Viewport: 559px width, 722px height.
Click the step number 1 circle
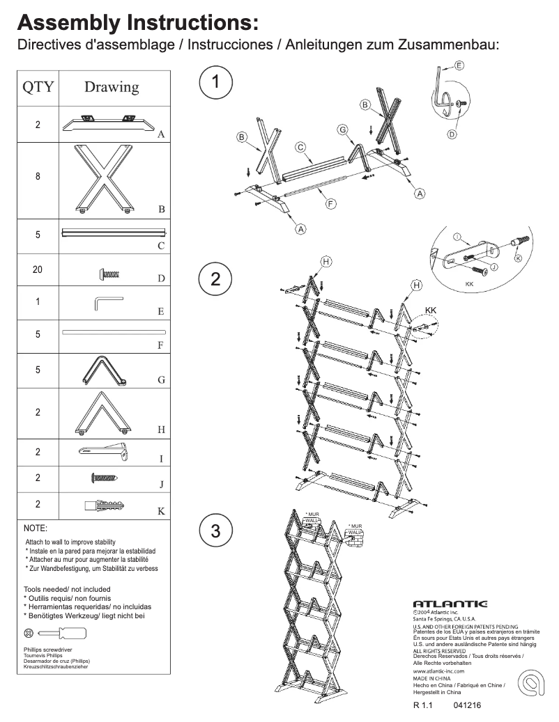215,82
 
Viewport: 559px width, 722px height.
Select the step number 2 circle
215,279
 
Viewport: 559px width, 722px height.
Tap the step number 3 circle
215,531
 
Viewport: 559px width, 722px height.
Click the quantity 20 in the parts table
38,269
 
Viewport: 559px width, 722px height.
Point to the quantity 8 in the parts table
38,177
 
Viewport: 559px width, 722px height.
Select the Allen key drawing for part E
108,304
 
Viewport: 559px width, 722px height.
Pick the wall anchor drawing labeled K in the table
105,504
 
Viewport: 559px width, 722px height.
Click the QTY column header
38,87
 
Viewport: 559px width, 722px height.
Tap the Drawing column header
112,87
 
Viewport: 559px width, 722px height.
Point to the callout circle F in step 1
330,203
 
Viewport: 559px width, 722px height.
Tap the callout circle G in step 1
342,130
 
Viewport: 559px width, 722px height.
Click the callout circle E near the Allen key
459,65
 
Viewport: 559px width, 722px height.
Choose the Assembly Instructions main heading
138,24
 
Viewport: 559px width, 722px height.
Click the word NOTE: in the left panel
36,528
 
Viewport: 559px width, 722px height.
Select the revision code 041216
467,705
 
